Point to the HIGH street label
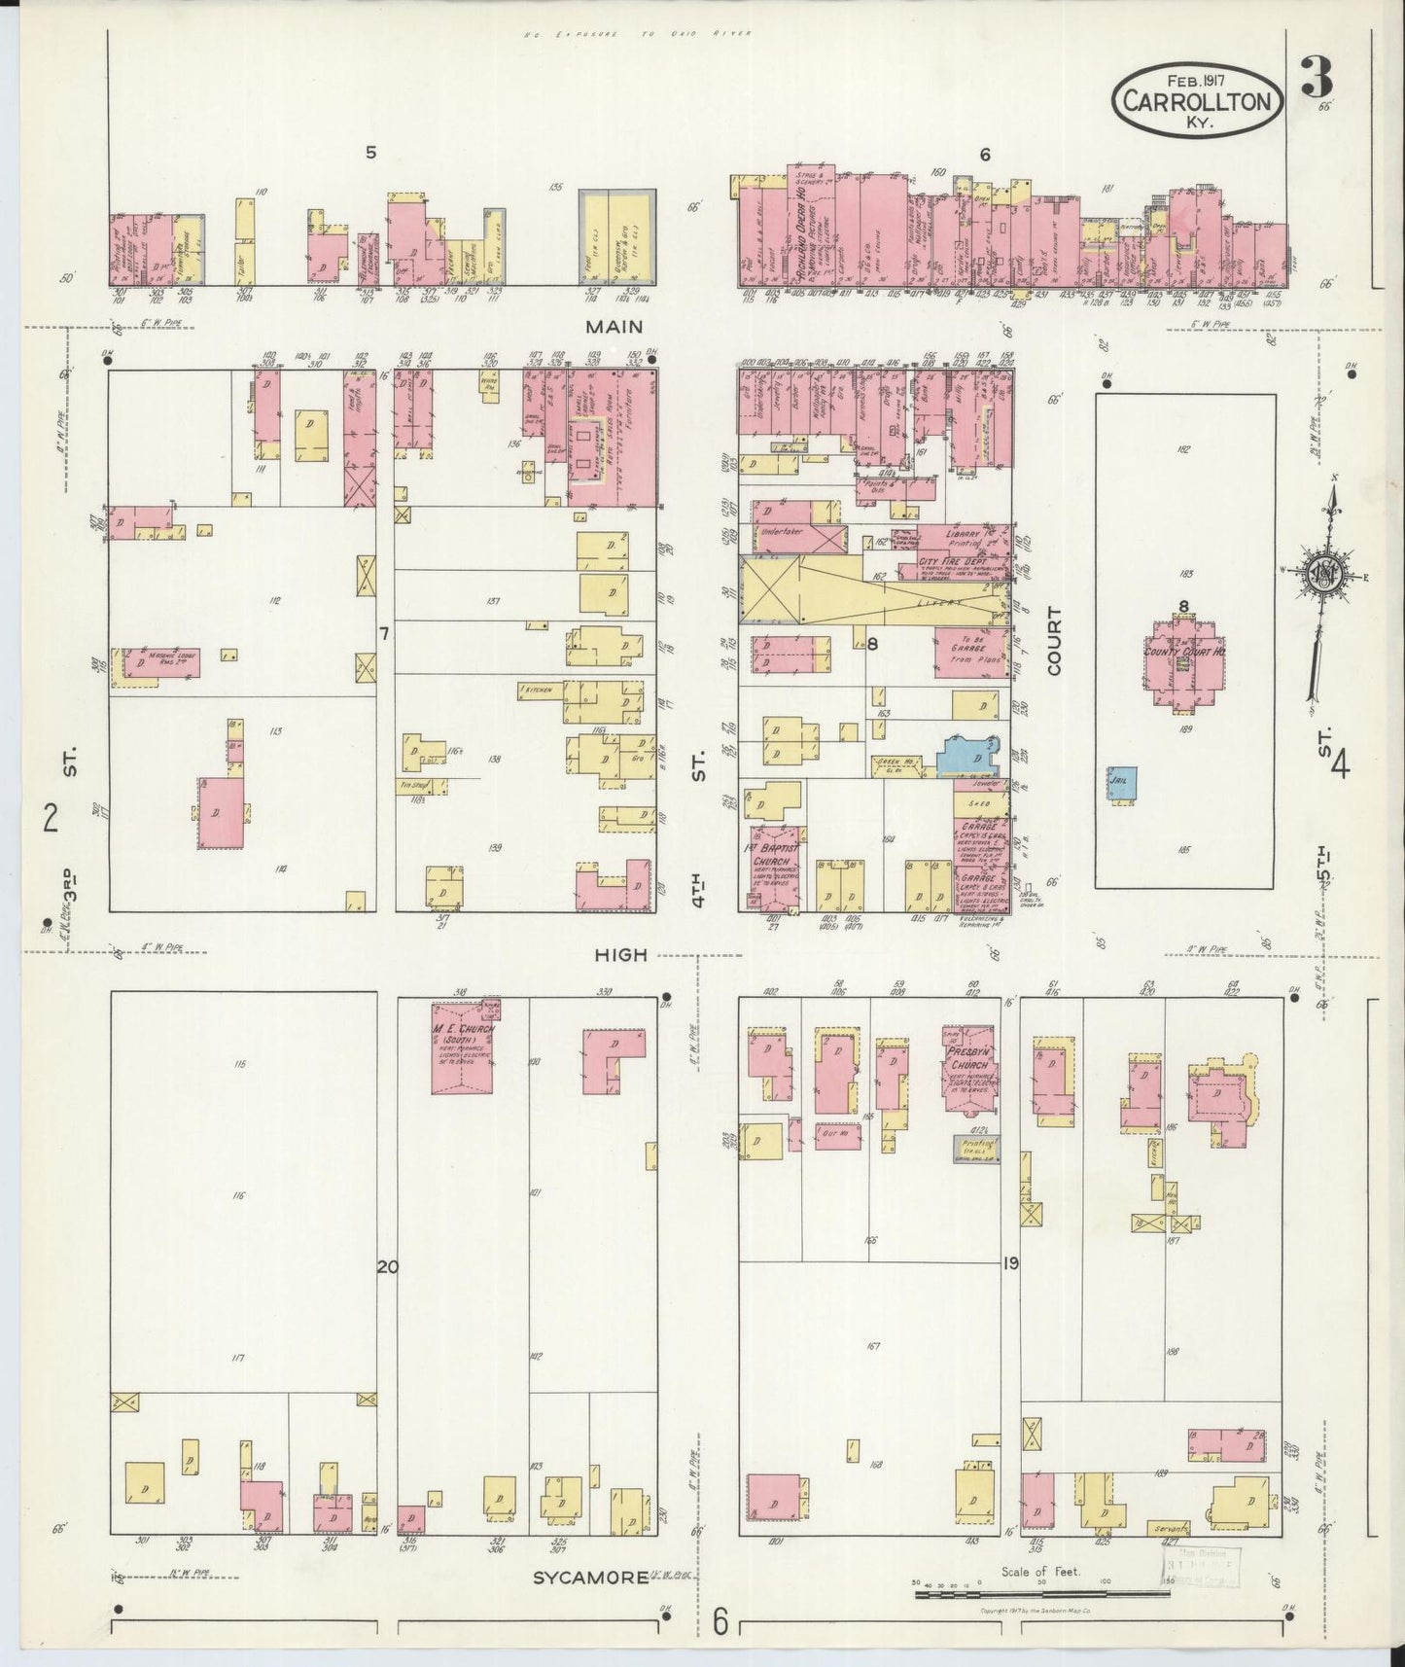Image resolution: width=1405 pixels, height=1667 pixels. pos(620,954)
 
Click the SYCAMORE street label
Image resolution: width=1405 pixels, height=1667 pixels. pos(589,1577)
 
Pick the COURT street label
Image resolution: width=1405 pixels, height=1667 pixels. pos(1056,641)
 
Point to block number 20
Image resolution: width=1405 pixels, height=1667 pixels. pos(387,1266)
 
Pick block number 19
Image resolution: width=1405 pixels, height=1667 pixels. pos(1010,1264)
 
